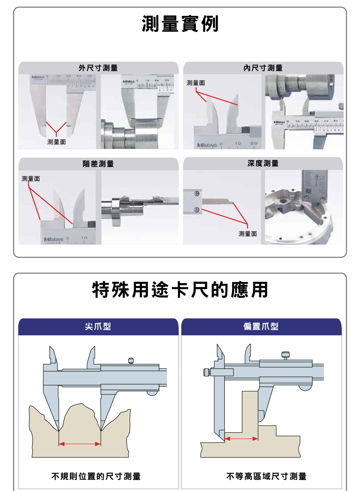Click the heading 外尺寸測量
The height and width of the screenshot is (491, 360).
(x=98, y=68)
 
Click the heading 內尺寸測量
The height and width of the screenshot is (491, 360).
(x=263, y=68)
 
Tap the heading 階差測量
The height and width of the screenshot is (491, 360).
(x=98, y=164)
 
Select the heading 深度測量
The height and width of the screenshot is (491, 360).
(x=263, y=163)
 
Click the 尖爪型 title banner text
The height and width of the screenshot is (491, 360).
(x=98, y=326)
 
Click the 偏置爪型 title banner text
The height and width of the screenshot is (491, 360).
(x=261, y=326)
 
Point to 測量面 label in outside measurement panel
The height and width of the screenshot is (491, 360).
(x=56, y=142)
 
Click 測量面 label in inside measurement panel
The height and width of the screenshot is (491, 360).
(x=196, y=83)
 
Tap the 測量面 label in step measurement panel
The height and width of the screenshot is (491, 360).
(x=31, y=179)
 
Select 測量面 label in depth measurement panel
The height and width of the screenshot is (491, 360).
(x=247, y=234)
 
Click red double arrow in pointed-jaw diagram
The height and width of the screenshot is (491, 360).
(x=80, y=444)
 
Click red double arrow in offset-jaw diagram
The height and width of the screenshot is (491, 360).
(x=241, y=439)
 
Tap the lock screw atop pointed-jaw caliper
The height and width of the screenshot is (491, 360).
(x=131, y=361)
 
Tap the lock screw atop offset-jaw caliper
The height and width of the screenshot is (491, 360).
(x=286, y=355)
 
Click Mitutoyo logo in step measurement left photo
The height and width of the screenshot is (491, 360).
(x=54, y=239)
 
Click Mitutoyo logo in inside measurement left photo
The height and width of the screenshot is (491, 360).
(x=207, y=145)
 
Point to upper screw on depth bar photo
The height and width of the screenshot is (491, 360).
(x=197, y=193)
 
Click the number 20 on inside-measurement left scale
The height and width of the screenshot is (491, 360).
(x=254, y=143)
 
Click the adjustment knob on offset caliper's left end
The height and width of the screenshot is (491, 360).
(x=206, y=372)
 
